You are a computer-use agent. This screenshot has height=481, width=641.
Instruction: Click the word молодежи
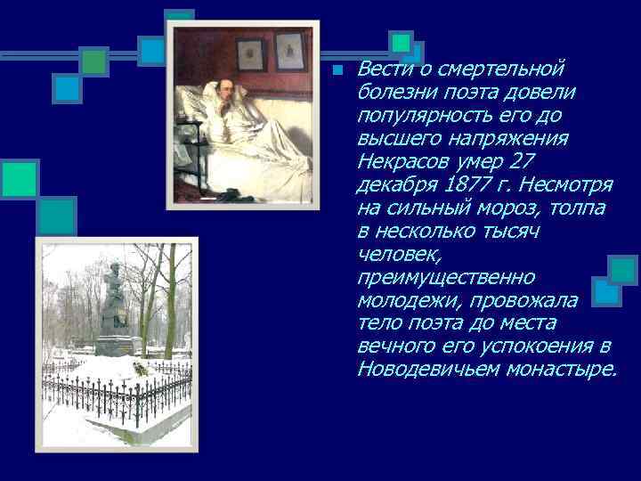[x=403, y=300]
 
